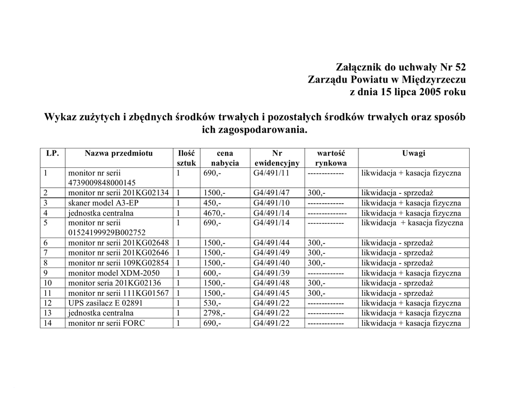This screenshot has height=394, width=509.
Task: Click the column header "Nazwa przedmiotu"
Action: click(119, 153)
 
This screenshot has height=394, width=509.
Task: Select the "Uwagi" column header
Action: click(414, 153)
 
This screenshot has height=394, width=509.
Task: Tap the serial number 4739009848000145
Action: click(102, 183)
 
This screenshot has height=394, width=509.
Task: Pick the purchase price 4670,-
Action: click(214, 213)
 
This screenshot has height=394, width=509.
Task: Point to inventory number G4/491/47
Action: click(271, 193)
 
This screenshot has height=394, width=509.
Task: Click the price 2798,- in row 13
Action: click(214, 313)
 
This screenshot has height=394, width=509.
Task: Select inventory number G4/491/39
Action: click(271, 273)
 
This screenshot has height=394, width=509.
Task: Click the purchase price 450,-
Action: click(212, 203)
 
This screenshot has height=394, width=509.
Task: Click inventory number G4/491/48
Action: click(271, 283)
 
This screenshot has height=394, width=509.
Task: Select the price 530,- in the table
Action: click(212, 303)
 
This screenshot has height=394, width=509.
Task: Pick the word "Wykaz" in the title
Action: click(60, 118)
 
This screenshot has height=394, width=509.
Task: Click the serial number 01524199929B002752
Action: click(107, 233)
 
